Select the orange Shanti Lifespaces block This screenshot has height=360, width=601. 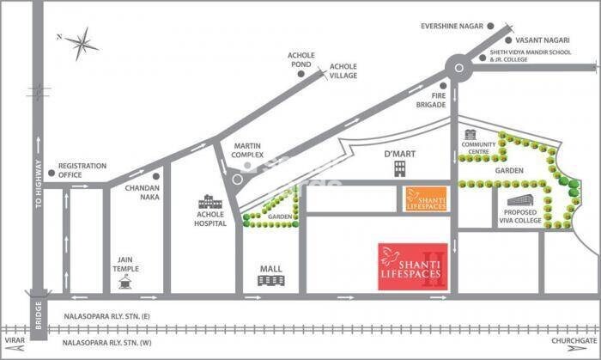click(427, 197)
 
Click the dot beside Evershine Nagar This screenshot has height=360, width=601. click(492, 27)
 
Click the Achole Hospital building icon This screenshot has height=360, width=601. click(209, 199)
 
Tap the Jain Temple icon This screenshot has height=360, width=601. click(127, 278)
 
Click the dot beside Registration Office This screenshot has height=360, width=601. click(52, 173)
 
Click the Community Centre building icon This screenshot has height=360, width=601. click(470, 135)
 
